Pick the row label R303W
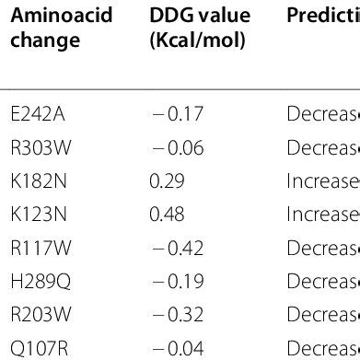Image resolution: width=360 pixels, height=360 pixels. point(35,147)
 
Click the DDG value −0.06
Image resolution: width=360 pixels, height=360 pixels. point(177,147)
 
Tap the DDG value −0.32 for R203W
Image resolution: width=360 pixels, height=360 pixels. point(177,316)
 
